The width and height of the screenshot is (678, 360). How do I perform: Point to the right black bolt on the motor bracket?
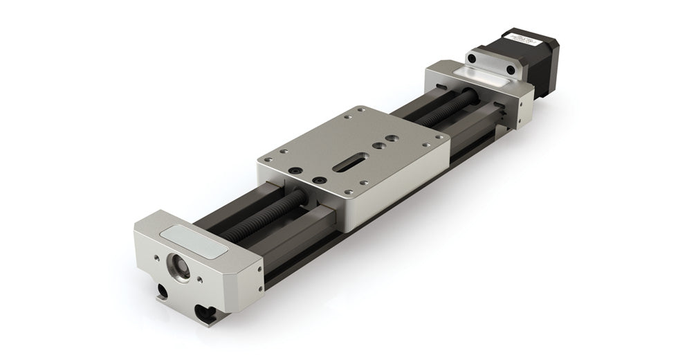click(511, 69)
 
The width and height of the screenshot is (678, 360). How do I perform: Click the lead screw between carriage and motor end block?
click(443, 110)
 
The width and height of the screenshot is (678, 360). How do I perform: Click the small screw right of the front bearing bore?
click(201, 280)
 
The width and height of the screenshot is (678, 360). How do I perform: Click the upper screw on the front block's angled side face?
click(259, 265)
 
